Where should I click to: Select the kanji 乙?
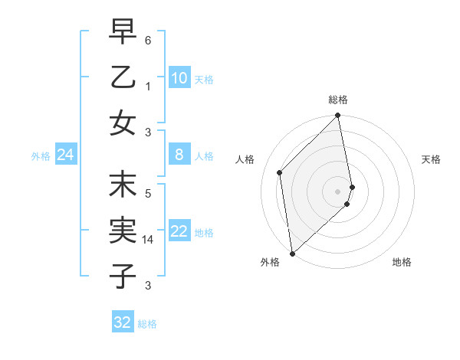pyautogui.click(x=123, y=78)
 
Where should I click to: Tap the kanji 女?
pyautogui.click(x=123, y=123)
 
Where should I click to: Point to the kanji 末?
pyautogui.click(x=123, y=185)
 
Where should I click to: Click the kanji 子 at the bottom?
pyautogui.click(x=123, y=275)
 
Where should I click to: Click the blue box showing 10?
pyautogui.click(x=179, y=78)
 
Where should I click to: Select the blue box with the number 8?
pyautogui.click(x=179, y=155)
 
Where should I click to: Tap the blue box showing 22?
pyautogui.click(x=179, y=231)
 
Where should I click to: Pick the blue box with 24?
pyautogui.click(x=66, y=155)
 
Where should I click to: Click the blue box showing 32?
pyautogui.click(x=123, y=322)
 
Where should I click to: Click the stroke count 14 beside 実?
pyautogui.click(x=149, y=239)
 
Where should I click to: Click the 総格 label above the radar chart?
pyautogui.click(x=338, y=100)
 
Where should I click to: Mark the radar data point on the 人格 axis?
pyautogui.click(x=280, y=172)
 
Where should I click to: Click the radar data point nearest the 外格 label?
pyautogui.click(x=292, y=253)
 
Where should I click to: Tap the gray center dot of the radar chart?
pyautogui.click(x=337, y=191)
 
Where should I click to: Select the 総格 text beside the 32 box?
pyautogui.click(x=147, y=324)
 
